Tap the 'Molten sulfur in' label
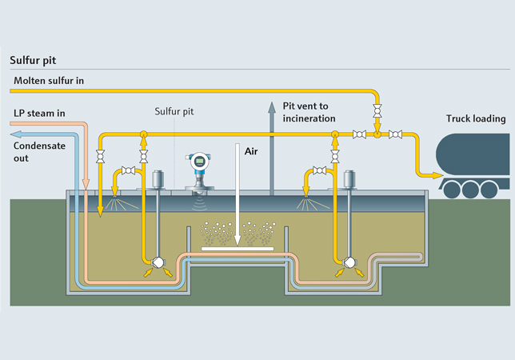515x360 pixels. click(48, 81)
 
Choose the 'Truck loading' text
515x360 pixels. click(476, 119)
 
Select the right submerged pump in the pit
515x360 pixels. click(349, 262)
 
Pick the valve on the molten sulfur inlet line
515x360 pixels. click(377, 111)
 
